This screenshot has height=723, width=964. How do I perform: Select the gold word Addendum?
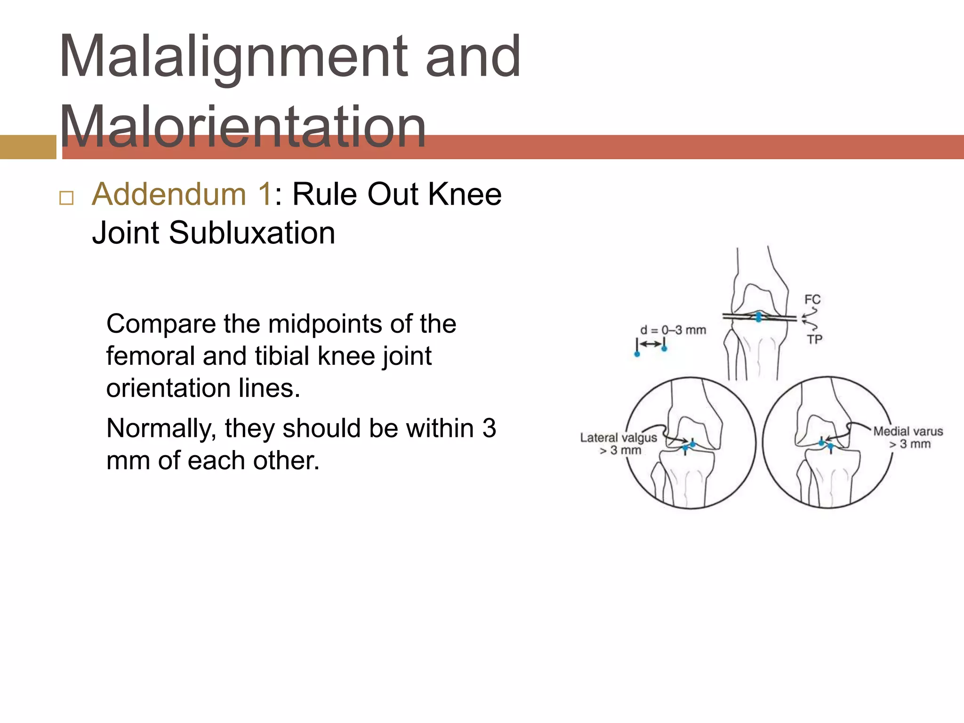[x=169, y=194]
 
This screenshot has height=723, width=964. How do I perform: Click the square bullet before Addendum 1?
[x=66, y=198]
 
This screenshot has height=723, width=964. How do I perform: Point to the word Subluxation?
[x=252, y=233]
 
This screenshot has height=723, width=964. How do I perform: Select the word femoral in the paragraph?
[x=150, y=356]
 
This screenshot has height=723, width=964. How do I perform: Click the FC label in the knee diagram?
[x=812, y=299]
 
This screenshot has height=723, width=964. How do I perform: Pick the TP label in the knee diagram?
[x=815, y=339]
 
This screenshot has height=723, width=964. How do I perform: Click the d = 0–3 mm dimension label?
[x=673, y=330]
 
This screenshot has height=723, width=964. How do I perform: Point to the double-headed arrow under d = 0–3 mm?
[x=651, y=344]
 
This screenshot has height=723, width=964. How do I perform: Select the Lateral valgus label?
[x=618, y=438]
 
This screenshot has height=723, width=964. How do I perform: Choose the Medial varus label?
[x=908, y=431]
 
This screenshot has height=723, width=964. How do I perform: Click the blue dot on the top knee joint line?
[x=758, y=316]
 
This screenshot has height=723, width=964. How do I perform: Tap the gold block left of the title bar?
[x=28, y=147]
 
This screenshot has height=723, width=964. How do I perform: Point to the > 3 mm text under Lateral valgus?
[x=620, y=450]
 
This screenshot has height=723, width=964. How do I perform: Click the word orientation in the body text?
[x=168, y=388]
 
